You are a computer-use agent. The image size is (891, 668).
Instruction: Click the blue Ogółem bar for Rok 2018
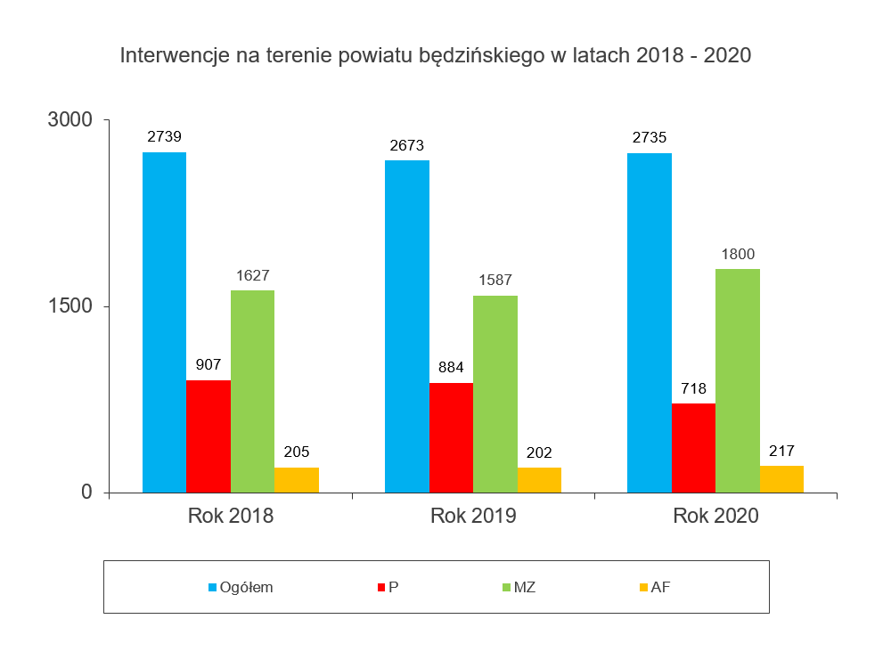[164, 322]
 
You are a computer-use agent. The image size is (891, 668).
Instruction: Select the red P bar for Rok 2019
[451, 437]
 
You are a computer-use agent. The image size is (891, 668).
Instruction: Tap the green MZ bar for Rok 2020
[738, 380]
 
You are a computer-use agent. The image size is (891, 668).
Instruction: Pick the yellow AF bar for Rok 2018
[297, 480]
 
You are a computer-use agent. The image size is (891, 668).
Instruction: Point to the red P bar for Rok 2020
[693, 448]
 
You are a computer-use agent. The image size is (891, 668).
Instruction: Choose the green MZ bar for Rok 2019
[495, 394]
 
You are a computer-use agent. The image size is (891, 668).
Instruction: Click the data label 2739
[164, 136]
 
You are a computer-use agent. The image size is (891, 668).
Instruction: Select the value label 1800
[738, 254]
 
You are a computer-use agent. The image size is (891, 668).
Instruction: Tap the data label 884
[451, 366]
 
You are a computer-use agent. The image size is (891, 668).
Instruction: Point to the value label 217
[781, 451]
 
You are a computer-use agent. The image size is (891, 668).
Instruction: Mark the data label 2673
[406, 145]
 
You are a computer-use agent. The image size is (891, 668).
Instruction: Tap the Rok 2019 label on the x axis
[473, 516]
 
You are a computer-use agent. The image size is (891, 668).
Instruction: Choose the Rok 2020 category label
[715, 516]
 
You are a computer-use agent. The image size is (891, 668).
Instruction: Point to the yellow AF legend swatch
[643, 587]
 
